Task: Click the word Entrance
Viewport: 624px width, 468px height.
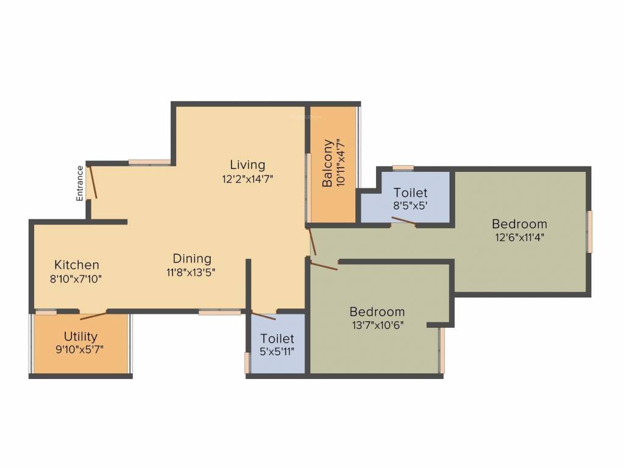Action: tap(80, 183)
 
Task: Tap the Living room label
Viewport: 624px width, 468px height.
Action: tap(247, 165)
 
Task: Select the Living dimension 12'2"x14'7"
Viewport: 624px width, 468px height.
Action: tap(247, 180)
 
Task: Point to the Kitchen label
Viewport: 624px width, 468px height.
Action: tap(77, 265)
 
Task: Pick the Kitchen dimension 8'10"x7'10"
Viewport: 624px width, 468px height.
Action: tap(77, 280)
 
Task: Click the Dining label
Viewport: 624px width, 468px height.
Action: tap(191, 258)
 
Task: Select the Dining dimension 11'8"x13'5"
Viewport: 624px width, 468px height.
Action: tap(191, 273)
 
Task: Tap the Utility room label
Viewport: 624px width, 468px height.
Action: tap(80, 336)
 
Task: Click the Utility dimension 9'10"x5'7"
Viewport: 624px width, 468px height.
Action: tap(80, 350)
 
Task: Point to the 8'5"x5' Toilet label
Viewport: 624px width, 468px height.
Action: tap(410, 193)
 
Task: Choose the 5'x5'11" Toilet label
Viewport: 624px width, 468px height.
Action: tap(277, 338)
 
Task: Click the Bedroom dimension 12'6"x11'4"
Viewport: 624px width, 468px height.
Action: tap(519, 238)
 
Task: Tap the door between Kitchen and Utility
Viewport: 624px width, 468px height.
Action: tap(93, 314)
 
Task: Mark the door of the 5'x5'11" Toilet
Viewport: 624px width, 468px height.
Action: tap(263, 316)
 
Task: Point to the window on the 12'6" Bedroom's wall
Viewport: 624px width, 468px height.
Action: tap(589, 232)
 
